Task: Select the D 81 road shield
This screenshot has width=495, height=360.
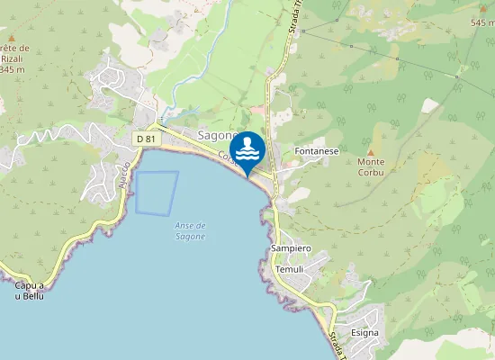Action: (145, 139)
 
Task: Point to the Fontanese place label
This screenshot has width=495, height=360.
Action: (317, 151)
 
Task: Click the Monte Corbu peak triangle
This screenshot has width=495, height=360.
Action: (370, 152)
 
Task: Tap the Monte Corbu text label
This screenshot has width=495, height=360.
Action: (371, 166)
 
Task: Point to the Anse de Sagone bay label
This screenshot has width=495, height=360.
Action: (190, 230)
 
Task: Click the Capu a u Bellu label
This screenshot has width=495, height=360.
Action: (30, 291)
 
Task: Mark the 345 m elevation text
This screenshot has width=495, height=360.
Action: (13, 68)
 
